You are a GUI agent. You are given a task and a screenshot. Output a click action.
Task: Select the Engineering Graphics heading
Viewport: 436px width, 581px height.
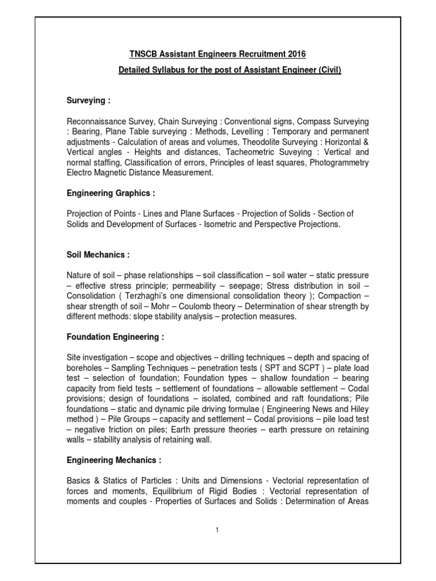pos(111,193)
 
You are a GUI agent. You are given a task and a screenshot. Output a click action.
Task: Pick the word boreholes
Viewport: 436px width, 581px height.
pos(85,367)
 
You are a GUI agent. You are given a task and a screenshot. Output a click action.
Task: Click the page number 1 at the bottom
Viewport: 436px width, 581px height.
pos(217,530)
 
